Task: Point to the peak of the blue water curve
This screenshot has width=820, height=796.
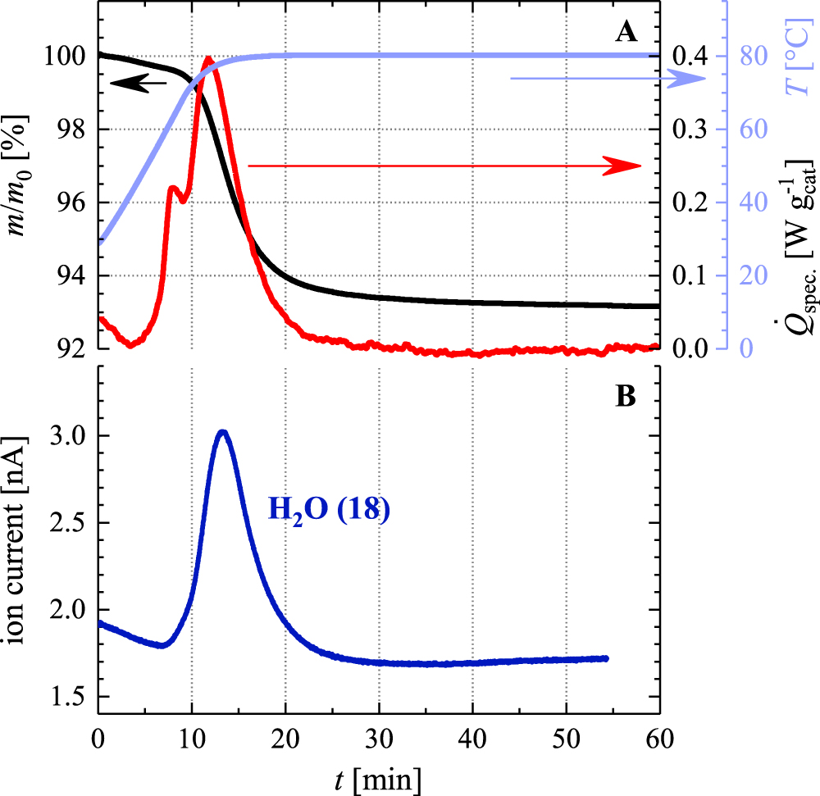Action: click(x=222, y=431)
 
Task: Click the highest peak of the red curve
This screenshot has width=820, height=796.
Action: click(x=208, y=58)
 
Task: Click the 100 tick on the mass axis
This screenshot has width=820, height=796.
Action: click(x=67, y=57)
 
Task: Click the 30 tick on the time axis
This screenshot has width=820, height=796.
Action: click(x=379, y=740)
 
